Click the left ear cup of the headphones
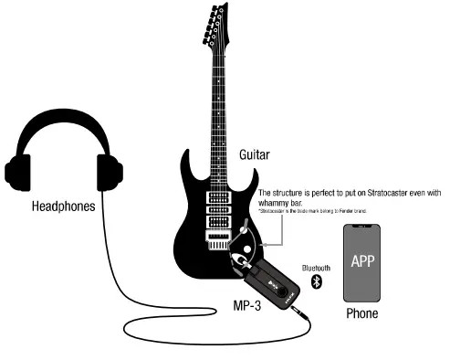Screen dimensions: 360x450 (x=18, y=172)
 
